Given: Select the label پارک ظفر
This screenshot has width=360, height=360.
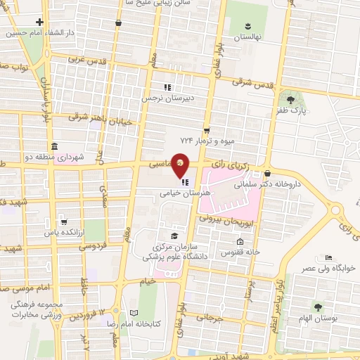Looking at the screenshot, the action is pyautogui.click(x=292, y=110).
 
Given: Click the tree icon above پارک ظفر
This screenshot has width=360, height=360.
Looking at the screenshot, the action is pyautogui.click(x=291, y=98).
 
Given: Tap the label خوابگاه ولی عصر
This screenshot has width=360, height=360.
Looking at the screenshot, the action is pyautogui.click(x=329, y=268).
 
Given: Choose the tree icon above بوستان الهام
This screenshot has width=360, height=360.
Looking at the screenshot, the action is pyautogui.click(x=317, y=307).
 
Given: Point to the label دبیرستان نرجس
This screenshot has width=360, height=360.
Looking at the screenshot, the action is pyautogui.click(x=167, y=98).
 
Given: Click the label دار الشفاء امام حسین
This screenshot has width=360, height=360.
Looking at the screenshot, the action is pyautogui.click(x=41, y=33).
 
